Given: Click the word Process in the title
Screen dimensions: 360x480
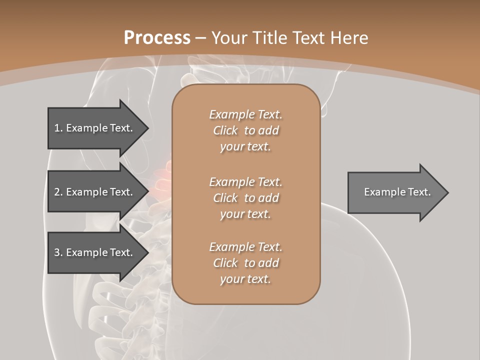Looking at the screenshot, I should pyautogui.click(x=157, y=38).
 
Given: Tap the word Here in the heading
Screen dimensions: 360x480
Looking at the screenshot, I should pyautogui.click(x=349, y=38).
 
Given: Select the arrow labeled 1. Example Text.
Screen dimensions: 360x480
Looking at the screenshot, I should pyautogui.click(x=93, y=128).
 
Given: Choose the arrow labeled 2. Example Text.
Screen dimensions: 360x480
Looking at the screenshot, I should pyautogui.click(x=93, y=192).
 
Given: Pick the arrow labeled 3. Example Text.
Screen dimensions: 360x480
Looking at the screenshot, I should pyautogui.click(x=93, y=252).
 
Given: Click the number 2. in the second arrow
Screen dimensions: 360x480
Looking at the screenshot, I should pyautogui.click(x=58, y=192).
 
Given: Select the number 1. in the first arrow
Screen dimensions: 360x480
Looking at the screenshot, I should pyautogui.click(x=58, y=128).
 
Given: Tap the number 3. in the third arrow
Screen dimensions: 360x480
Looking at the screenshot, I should pyautogui.click(x=58, y=252).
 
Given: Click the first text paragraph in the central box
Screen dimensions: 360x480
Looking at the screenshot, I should pyautogui.click(x=245, y=130).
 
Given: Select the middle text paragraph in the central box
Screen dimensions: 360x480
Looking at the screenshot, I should pyautogui.click(x=245, y=198).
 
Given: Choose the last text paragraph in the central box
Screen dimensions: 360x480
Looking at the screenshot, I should pyautogui.click(x=245, y=263).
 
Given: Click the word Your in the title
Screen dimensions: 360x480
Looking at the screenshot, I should pyautogui.click(x=228, y=38).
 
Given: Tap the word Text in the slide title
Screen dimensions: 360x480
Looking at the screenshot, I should pyautogui.click(x=309, y=38).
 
